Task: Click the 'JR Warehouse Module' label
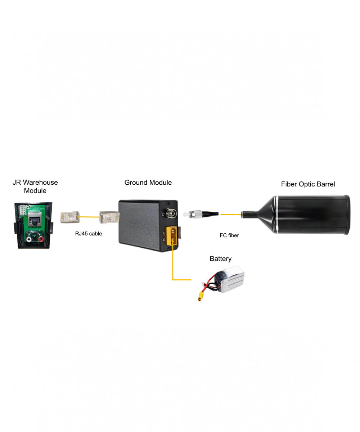pyautogui.click(x=35, y=186)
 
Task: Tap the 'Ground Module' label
pyautogui.click(x=148, y=183)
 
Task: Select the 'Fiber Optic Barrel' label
pyautogui.click(x=308, y=184)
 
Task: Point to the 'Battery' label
pyautogui.click(x=221, y=259)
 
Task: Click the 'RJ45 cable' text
pyautogui.click(x=89, y=234)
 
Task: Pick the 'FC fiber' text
pyautogui.click(x=229, y=235)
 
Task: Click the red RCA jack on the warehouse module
pyautogui.click(x=41, y=239)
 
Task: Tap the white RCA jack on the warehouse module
pyautogui.click(x=29, y=240)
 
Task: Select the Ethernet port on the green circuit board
pyautogui.click(x=35, y=218)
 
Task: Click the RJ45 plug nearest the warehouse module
pyautogui.click(x=70, y=217)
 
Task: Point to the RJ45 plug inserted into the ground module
pyautogui.click(x=109, y=217)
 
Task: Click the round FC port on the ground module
pyautogui.click(x=171, y=213)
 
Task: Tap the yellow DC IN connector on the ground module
pyautogui.click(x=172, y=236)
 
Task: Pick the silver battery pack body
pyautogui.click(x=230, y=279)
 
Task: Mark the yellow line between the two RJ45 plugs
pyautogui.click(x=89, y=217)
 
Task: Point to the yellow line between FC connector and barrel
pyautogui.click(x=231, y=215)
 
